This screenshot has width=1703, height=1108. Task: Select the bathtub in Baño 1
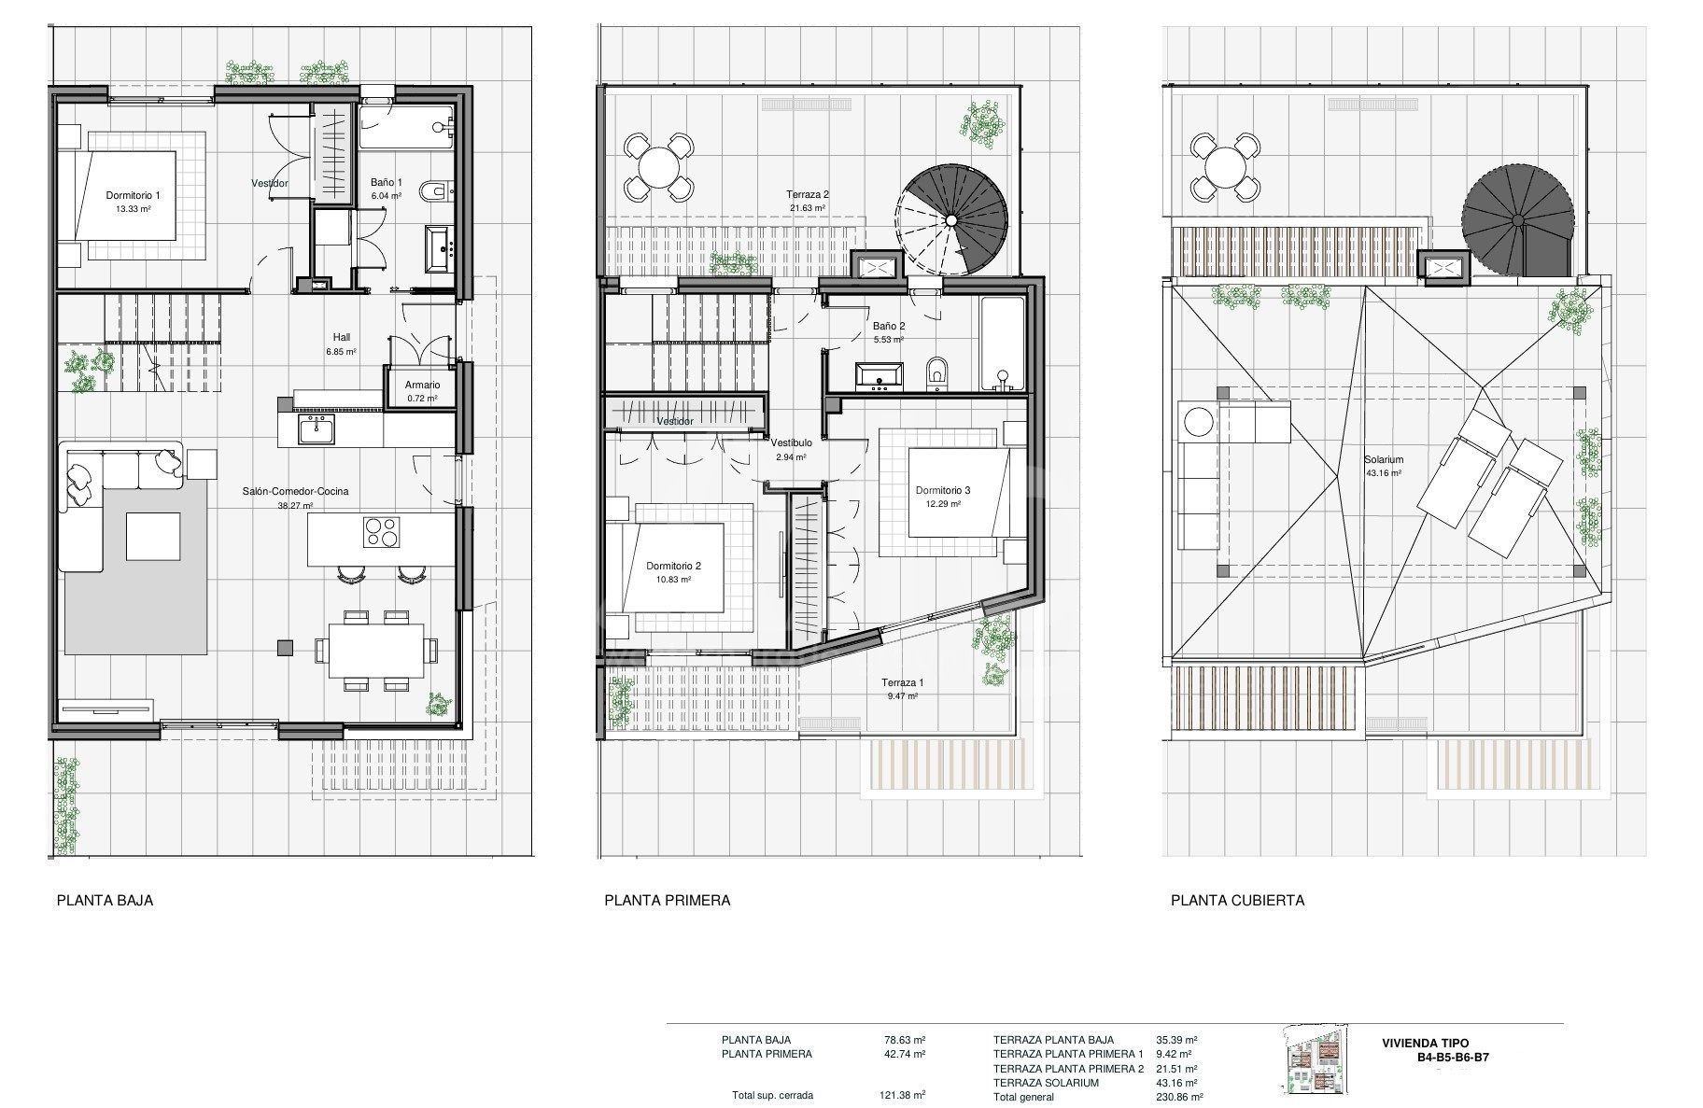[x=407, y=127]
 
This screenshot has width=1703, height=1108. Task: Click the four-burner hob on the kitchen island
[x=381, y=532]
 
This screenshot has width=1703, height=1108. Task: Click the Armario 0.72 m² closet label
[x=422, y=391]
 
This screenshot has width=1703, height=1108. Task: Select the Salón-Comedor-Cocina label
[x=295, y=498]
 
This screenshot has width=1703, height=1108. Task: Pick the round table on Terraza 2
[x=658, y=168]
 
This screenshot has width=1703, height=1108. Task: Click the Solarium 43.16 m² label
[x=1384, y=466]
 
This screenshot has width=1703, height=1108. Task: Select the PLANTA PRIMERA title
[x=668, y=901]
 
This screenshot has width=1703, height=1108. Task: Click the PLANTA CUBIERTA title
[x=1238, y=901]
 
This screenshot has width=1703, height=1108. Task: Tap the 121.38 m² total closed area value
[x=905, y=1096]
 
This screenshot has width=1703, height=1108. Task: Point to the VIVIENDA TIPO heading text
[x=1425, y=1044]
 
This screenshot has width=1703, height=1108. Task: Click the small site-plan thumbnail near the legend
[x=1316, y=1060]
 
